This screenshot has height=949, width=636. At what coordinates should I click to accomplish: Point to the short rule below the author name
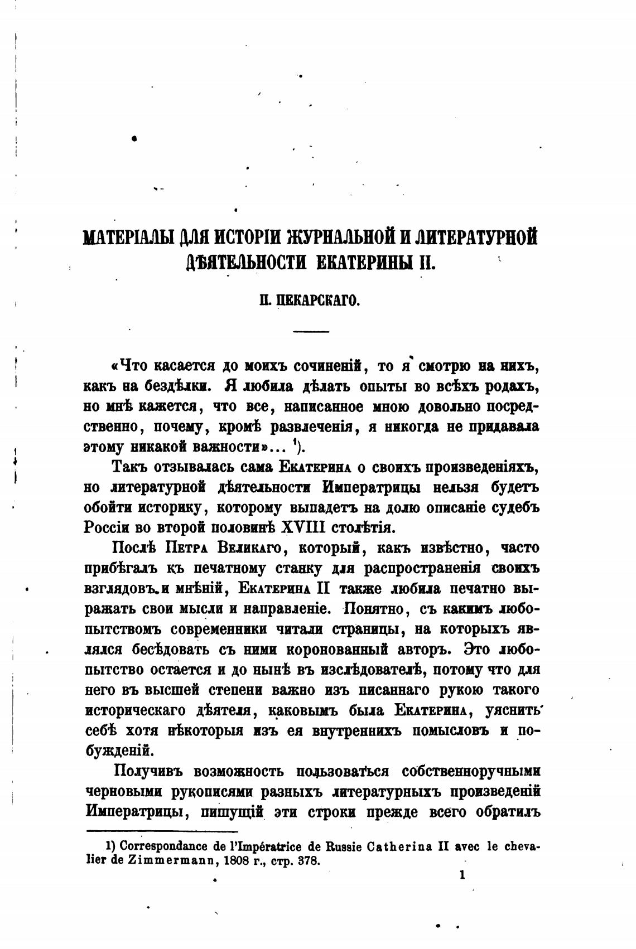311,332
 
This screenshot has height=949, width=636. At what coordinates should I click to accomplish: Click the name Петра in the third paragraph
187,548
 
